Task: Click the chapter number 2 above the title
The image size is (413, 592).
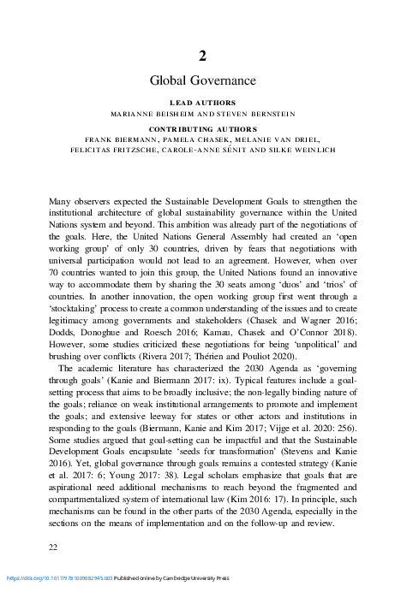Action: pyautogui.click(x=203, y=56)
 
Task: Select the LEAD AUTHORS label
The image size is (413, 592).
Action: pyautogui.click(x=203, y=102)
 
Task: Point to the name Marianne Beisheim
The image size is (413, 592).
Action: pyautogui.click(x=156, y=112)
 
